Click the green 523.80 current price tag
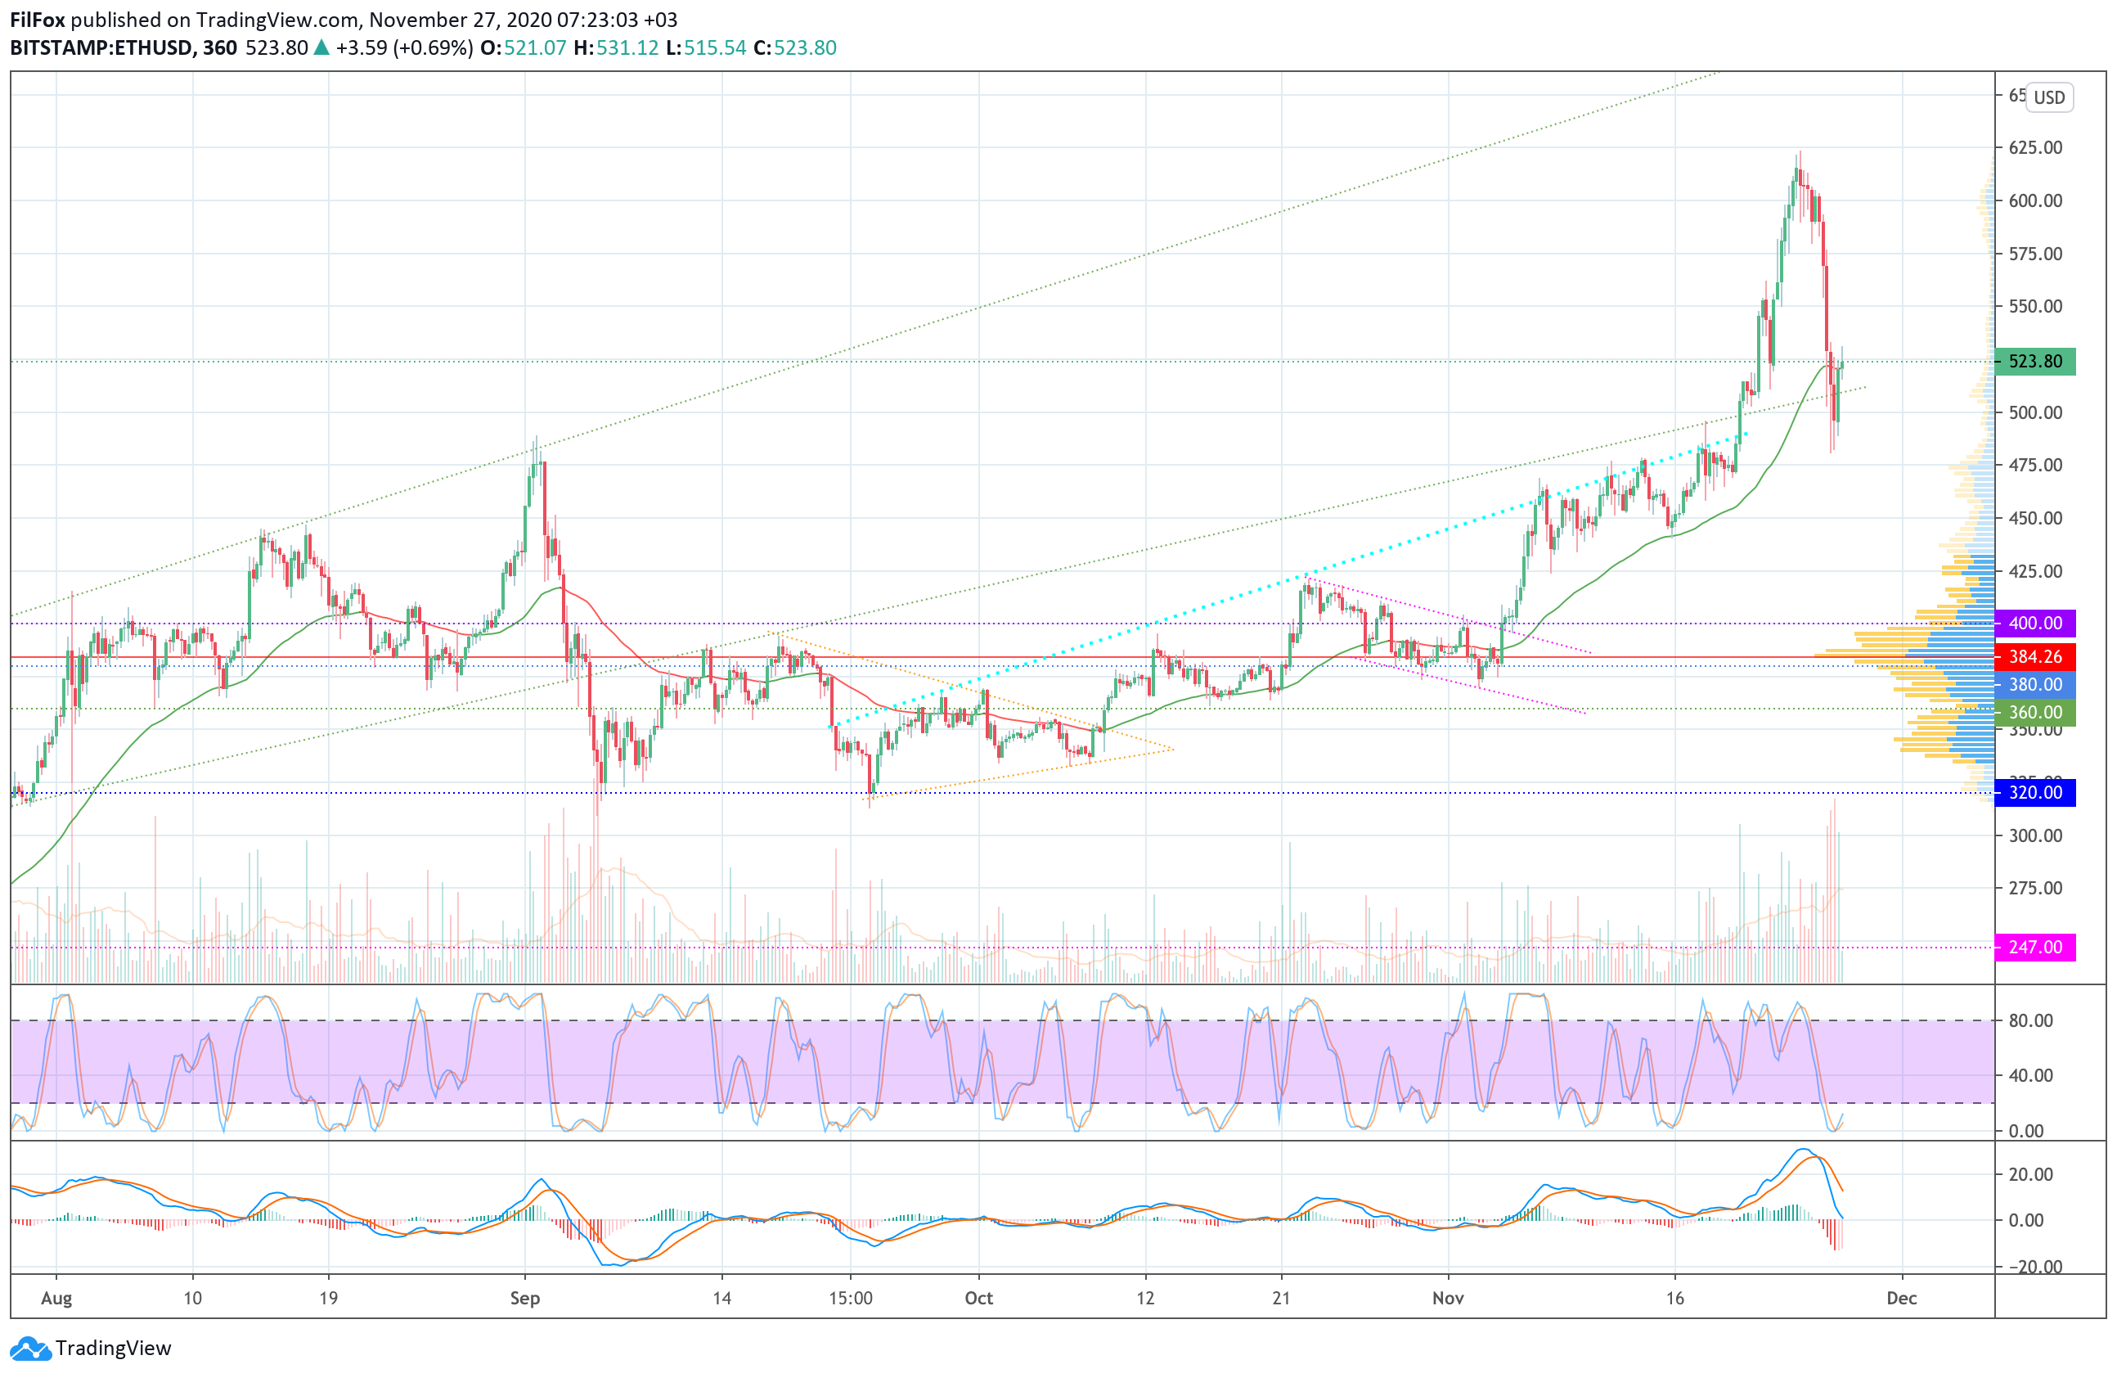pos(2034,361)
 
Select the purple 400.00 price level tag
pos(2034,623)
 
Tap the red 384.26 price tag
pos(2034,656)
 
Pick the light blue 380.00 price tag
pos(2034,684)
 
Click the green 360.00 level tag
pos(2034,712)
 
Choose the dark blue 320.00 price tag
pos(2034,792)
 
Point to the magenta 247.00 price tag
pos(2034,947)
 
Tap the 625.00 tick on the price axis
pos(2035,146)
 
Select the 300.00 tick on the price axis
pos(2035,835)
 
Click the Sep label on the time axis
pos(525,1298)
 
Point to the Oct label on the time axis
pos(978,1298)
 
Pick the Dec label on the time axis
pos(1902,1298)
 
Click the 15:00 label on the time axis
pos(851,1298)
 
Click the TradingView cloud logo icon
pos(30,1349)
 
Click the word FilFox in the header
pos(38,20)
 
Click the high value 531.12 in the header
pos(627,48)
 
